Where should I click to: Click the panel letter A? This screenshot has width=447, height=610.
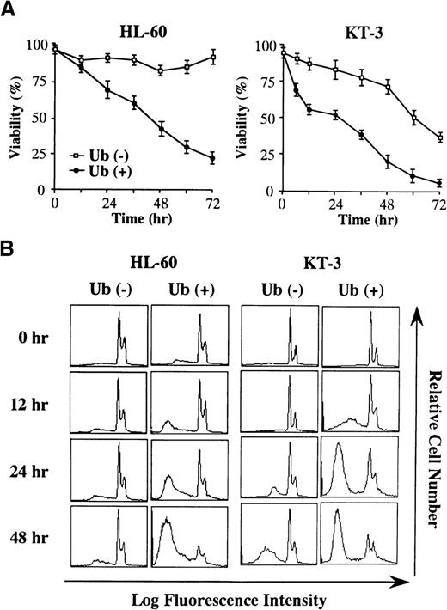pyautogui.click(x=10, y=9)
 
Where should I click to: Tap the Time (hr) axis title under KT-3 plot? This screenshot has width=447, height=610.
pyautogui.click(x=361, y=219)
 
